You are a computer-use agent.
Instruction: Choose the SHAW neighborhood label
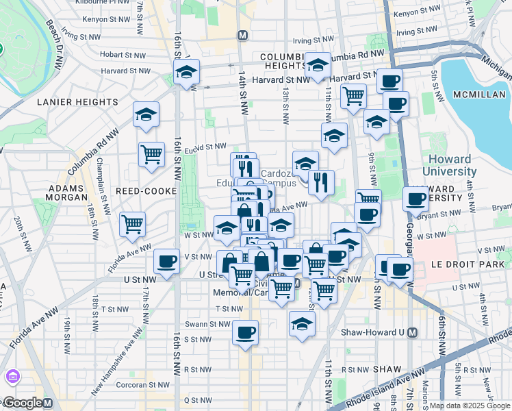(392, 369)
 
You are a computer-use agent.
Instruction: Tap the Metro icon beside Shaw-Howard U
(411, 332)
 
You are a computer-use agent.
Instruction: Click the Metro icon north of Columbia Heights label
(242, 35)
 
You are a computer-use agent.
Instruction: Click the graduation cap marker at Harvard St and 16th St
(186, 72)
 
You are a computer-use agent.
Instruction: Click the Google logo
(23, 403)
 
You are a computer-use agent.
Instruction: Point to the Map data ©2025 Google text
(470, 406)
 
